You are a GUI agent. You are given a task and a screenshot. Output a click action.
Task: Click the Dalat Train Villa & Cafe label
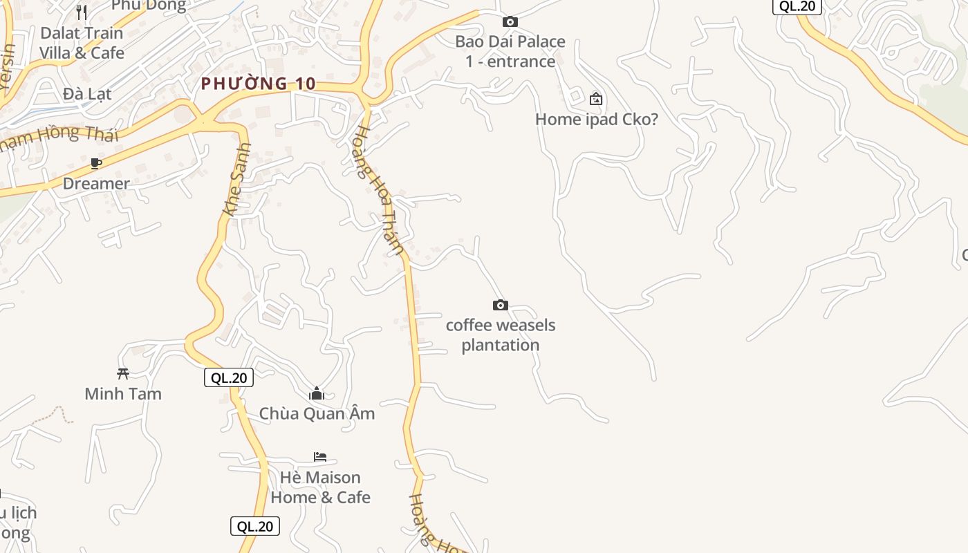point(82,43)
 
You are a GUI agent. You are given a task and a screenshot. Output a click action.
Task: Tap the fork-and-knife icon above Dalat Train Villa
point(82,12)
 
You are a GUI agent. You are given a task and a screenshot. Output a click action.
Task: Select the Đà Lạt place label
point(86,93)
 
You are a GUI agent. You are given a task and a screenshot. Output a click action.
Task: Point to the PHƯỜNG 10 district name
point(259,84)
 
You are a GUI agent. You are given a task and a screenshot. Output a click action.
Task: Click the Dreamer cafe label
point(96,183)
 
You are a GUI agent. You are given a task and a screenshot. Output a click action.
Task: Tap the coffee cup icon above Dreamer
point(96,164)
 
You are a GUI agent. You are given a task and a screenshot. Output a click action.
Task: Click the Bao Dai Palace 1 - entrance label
point(510,51)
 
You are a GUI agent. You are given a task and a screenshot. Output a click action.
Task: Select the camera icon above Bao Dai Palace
point(510,22)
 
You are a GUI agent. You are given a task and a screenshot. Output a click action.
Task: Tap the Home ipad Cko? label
point(597,119)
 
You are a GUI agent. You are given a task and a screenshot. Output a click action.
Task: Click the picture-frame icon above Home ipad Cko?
point(596,99)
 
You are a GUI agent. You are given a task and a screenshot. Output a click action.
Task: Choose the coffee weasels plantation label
point(501,335)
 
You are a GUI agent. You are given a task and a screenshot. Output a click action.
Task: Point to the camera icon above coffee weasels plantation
point(501,305)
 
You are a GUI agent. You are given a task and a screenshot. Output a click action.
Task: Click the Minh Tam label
point(123,393)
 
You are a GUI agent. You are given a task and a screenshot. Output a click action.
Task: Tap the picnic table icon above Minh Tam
point(123,374)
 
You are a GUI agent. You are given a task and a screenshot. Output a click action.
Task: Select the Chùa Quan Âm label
point(317,413)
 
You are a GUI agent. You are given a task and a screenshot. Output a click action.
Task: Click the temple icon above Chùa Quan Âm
point(317,393)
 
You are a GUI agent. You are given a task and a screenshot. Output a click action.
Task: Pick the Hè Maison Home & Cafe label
point(320,487)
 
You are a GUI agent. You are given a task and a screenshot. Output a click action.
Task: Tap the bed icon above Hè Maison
point(320,457)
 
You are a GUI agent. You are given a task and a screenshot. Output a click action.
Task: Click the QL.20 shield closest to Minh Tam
point(229,377)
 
